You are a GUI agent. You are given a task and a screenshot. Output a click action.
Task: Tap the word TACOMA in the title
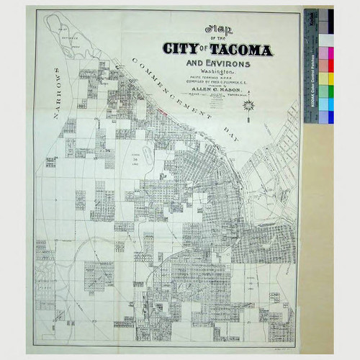click(240, 51)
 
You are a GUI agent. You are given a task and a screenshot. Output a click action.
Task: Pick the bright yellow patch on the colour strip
click(325, 78)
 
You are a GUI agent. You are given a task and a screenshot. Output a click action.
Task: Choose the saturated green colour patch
click(325, 91)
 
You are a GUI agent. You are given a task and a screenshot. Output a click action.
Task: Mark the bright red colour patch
click(325, 66)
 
